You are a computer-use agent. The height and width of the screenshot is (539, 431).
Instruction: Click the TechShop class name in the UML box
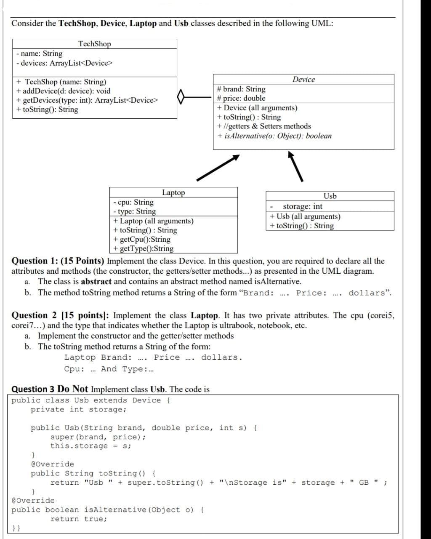coord(94,44)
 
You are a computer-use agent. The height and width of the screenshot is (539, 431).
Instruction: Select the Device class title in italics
coord(303,80)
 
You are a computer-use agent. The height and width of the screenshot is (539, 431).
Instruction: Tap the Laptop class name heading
coord(173,192)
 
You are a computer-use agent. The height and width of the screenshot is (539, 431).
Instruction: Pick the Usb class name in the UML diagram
coord(330,196)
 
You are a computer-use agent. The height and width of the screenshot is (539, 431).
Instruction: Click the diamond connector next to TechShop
coord(181,97)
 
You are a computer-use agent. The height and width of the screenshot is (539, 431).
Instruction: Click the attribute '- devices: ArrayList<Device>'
coord(64,63)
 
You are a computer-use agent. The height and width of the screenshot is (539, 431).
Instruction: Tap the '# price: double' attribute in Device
coord(241,98)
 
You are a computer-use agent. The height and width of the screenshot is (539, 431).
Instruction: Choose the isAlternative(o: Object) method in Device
coord(274,136)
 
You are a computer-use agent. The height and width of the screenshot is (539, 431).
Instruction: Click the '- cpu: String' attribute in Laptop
coord(133,202)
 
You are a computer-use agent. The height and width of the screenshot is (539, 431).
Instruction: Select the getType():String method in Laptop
coord(143,248)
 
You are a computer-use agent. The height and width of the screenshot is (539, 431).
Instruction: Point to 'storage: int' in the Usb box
coord(302,206)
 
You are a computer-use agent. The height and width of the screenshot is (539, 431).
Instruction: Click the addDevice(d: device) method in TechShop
coord(63,91)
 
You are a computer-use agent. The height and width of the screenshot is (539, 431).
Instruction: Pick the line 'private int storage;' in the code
coord(78,409)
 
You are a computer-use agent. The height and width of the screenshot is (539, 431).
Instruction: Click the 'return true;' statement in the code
coord(79,519)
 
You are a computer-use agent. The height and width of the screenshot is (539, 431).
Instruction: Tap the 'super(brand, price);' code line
coord(98,437)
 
